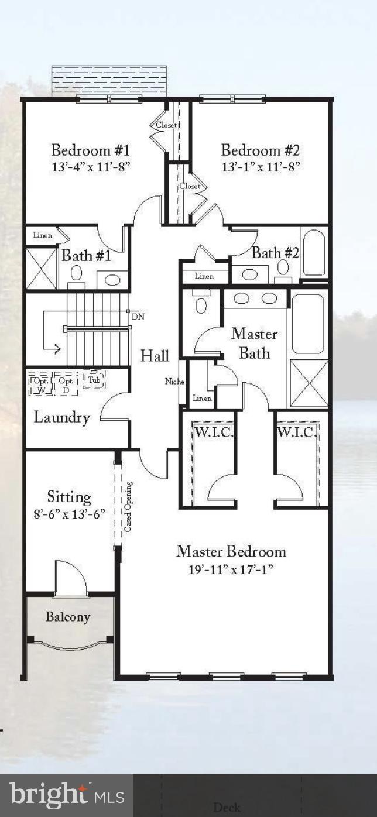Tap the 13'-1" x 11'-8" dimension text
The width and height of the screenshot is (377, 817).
click(261, 166)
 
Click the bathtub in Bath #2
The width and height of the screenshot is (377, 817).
click(314, 252)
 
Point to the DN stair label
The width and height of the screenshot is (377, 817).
click(138, 317)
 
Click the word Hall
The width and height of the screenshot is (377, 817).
click(155, 356)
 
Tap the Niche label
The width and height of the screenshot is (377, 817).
click(174, 382)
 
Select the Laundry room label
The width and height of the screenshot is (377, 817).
click(61, 417)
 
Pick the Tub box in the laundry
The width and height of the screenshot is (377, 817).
click(94, 380)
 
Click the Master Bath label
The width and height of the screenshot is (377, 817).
click(254, 344)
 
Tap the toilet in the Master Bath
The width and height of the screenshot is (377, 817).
click(201, 305)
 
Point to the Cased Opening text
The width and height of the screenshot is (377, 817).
click(128, 507)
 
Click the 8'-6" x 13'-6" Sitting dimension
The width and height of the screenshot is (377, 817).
click(69, 514)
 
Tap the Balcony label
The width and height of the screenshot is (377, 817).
click(68, 617)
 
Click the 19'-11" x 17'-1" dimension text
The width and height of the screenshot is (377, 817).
click(231, 569)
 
